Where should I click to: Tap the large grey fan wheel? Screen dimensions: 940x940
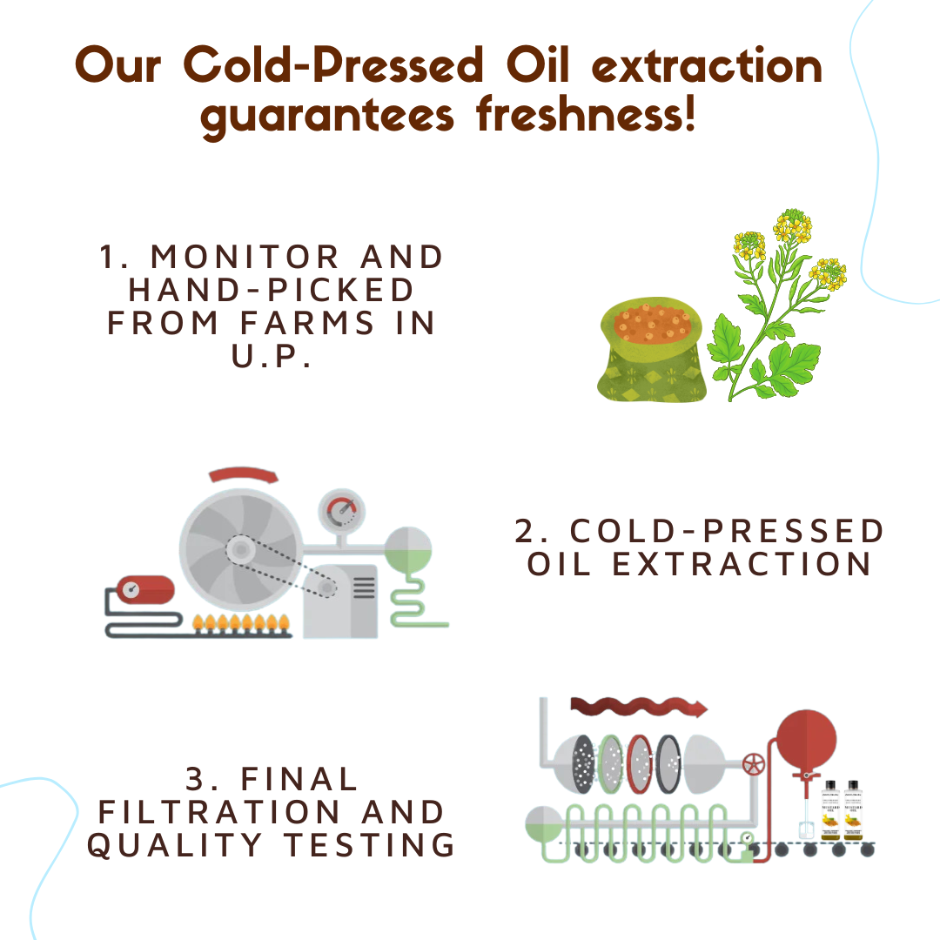pyautogui.click(x=238, y=548)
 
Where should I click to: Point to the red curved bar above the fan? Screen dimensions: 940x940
pyautogui.click(x=243, y=475)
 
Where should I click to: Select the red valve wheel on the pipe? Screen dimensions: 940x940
pyautogui.click(x=753, y=767)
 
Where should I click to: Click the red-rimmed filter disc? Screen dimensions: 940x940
pyautogui.click(x=640, y=764)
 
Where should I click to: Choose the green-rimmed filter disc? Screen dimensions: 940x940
pyautogui.click(x=612, y=764)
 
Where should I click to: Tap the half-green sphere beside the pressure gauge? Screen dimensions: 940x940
pyautogui.click(x=408, y=549)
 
